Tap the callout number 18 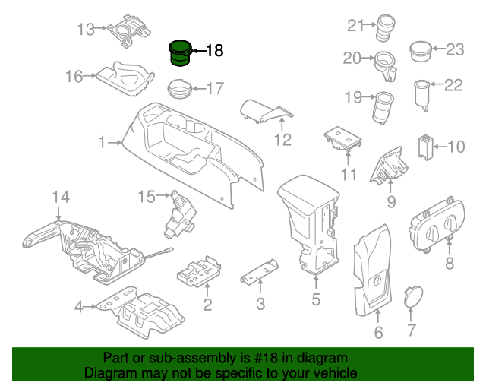click(214, 52)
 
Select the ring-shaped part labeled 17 click(180, 87)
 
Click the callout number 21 click(356, 27)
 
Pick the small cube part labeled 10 click(425, 145)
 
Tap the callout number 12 click(282, 140)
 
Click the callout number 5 click(316, 299)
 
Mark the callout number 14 click(61, 198)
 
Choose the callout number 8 click(449, 264)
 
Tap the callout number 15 click(146, 198)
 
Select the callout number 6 click(378, 332)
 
